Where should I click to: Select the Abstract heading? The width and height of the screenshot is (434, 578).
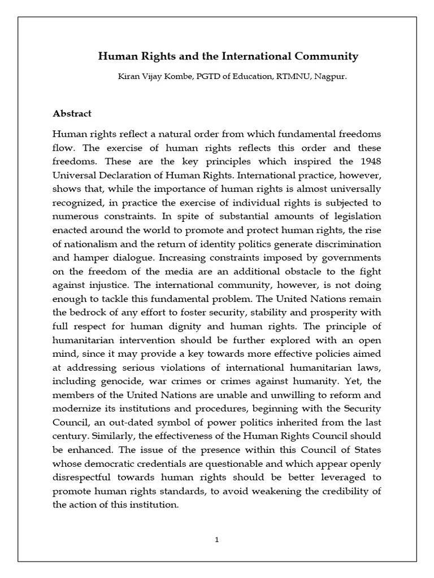click(72, 113)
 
